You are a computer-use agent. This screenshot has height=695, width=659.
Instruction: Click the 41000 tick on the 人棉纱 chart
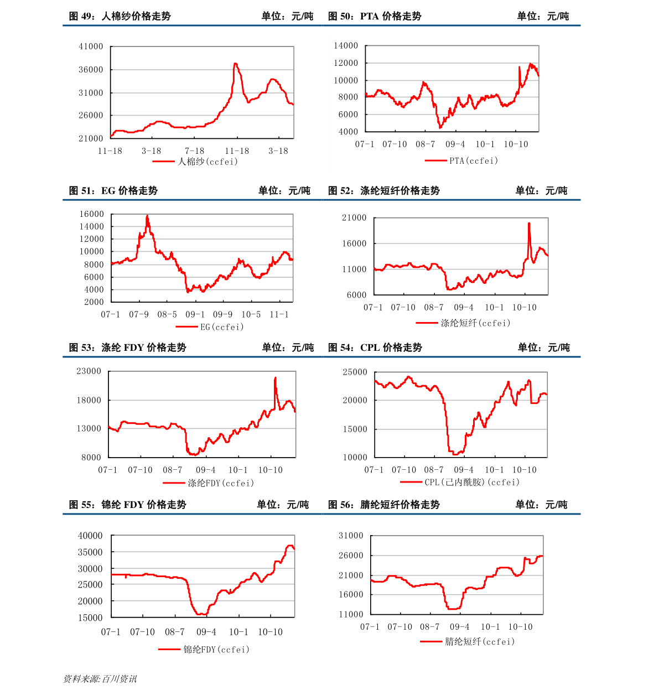pos(91,46)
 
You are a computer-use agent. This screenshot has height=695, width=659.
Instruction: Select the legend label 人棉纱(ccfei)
pos(207,162)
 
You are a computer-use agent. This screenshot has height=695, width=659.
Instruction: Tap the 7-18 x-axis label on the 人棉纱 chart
pos(194,151)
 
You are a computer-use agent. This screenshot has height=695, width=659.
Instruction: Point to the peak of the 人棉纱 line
pos(235,64)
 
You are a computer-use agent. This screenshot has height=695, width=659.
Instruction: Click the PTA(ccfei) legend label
pos(473,160)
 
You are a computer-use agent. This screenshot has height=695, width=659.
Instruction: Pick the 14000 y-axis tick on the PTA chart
pos(345,46)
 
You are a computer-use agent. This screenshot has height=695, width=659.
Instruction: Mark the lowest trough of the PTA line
pos(440,128)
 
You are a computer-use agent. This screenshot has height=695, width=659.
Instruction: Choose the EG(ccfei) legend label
pos(221,327)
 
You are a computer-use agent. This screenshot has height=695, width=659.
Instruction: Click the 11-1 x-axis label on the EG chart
pos(279,315)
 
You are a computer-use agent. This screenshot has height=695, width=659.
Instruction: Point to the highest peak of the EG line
pos(147,215)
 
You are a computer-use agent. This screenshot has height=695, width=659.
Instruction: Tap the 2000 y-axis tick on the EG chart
pos(94,302)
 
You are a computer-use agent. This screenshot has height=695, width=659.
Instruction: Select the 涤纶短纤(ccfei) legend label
pos(475,323)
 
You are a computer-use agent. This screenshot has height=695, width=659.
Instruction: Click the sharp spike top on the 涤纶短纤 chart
pos(529,223)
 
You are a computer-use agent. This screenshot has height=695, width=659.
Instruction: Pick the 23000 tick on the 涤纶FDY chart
pos(89,371)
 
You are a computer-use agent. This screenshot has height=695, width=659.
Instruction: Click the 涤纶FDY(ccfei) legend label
pos(221,483)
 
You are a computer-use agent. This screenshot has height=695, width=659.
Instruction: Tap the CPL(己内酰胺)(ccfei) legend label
pos(472,482)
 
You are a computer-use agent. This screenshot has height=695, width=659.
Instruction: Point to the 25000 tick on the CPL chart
pos(355,372)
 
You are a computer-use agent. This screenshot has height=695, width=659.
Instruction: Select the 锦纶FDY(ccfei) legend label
pos(216,650)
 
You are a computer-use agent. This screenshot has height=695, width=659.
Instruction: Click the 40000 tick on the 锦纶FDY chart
pos(90,536)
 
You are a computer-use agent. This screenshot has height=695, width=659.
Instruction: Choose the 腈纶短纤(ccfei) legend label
pos(480,642)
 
